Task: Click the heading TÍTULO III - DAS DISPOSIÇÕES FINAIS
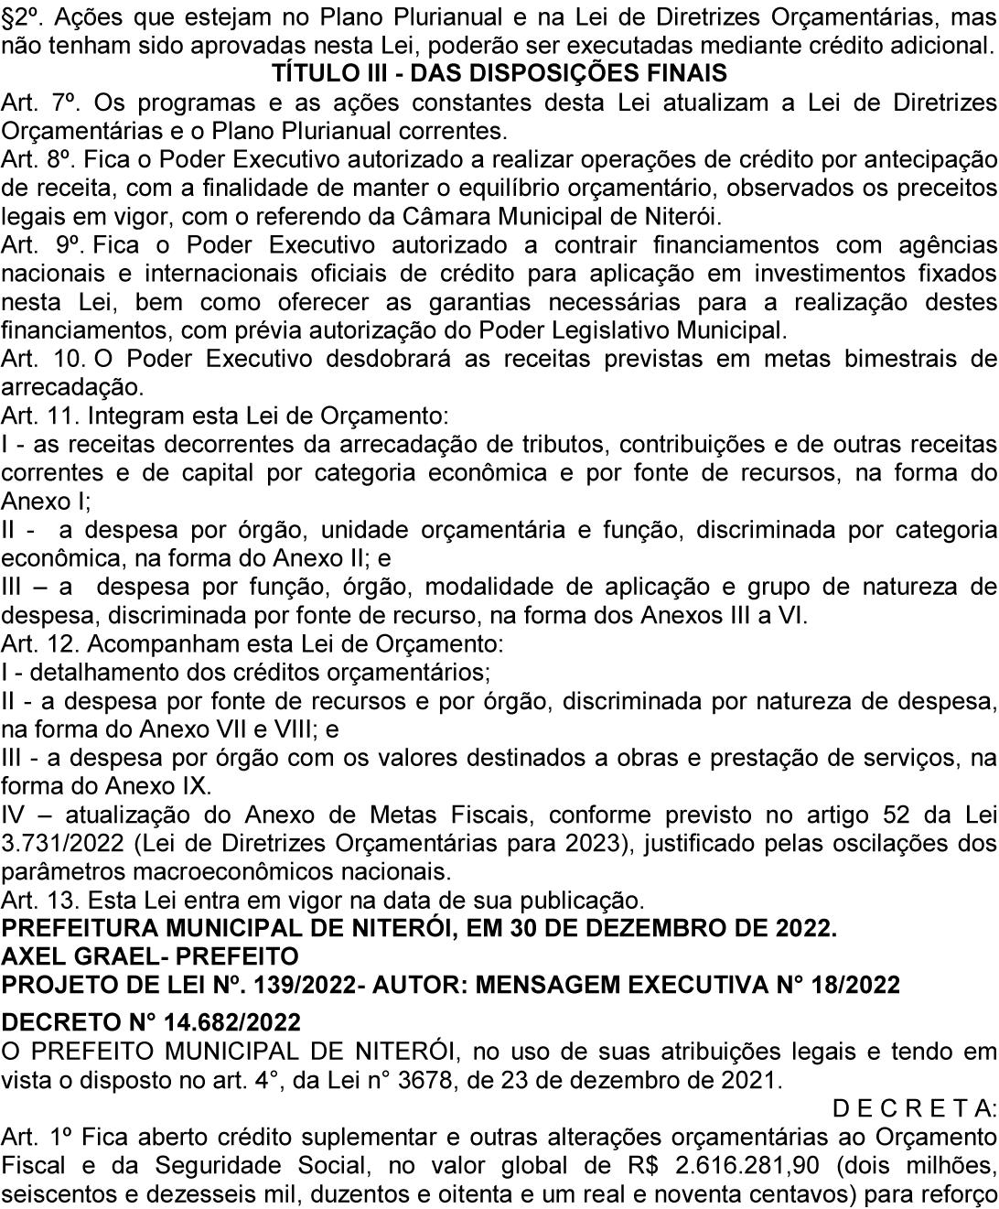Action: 499,73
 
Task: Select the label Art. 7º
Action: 33,102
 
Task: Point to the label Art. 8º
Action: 33,159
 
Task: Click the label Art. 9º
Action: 33,245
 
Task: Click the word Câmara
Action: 513,217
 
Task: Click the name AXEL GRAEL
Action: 78,957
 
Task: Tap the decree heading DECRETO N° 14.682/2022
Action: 151,1021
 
